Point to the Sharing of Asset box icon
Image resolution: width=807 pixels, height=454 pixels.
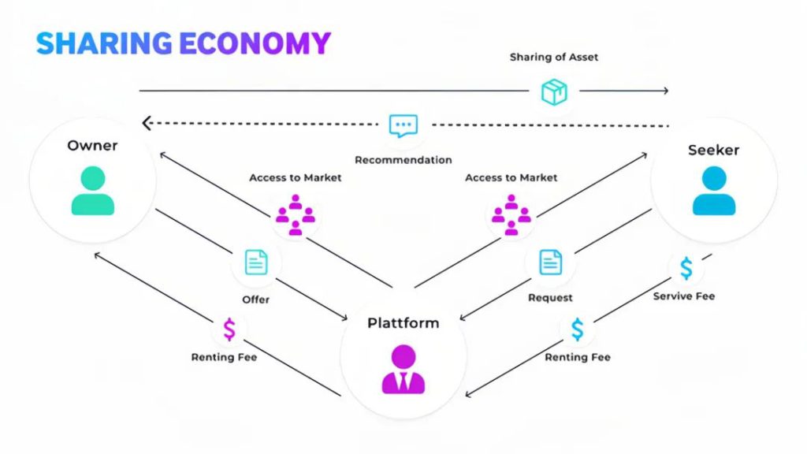point(554,91)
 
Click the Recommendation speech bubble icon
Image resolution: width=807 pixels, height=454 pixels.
point(403,125)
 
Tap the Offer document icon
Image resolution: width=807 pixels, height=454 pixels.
point(256,262)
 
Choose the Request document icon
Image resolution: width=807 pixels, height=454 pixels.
point(550,262)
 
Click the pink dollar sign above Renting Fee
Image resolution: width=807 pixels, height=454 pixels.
point(229,329)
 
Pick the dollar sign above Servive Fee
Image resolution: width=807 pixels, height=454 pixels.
point(686,268)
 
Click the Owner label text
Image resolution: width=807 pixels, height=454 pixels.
point(92,146)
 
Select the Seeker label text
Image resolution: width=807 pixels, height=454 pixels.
point(713,150)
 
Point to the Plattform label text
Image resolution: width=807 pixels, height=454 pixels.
point(403,323)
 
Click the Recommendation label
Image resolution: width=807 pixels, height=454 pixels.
point(403,160)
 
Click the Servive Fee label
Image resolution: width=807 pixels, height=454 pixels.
point(683,296)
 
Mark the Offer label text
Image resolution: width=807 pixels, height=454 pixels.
point(255,300)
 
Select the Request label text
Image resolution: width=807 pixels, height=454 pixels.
point(550,298)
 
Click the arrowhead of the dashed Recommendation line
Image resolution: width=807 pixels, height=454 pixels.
point(146,124)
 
